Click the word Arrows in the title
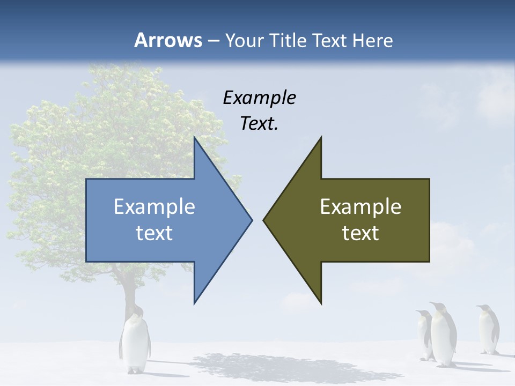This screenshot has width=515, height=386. tap(167, 40)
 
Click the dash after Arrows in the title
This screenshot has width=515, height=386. tap(213, 41)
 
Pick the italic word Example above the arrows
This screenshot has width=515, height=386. tap(259, 98)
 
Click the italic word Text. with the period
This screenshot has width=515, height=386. tap(259, 123)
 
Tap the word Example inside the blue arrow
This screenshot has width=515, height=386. tap(154, 206)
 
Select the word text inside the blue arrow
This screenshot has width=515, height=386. tap(154, 233)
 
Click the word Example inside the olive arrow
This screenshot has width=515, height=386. tap(360, 206)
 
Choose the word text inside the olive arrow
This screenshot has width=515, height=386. tap(360, 233)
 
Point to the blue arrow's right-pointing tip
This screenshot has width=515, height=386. tap(251, 220)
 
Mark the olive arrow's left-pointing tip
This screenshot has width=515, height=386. tap(264, 220)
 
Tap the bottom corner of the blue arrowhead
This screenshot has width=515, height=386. tap(195, 302)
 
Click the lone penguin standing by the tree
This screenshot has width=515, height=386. tap(135, 343)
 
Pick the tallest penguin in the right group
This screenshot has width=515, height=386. tap(443, 333)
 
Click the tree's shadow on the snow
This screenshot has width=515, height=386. tap(279, 367)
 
